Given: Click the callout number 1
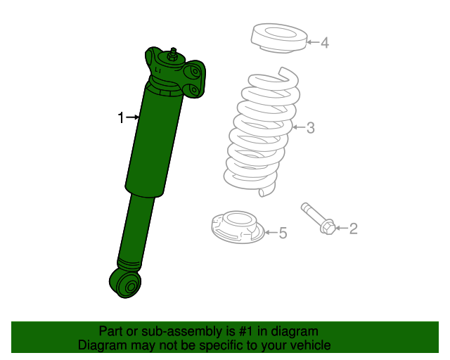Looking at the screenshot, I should pos(121,117).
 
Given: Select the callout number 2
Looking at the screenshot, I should pos(354,228).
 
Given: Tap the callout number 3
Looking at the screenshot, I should pos(310,127).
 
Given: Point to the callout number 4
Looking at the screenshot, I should pos(324,43).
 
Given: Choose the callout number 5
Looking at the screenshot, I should pos(283,233).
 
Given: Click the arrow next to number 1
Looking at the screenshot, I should pos(133,117).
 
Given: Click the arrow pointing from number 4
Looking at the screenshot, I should pos(311,43).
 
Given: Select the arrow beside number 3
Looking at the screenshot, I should pos(297,127).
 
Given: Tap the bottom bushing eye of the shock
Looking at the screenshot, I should pos(128,285).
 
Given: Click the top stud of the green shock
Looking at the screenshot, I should pos(172,53).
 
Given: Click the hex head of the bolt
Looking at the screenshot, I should pos(328,227).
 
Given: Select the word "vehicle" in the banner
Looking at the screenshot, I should pos(307,345).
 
